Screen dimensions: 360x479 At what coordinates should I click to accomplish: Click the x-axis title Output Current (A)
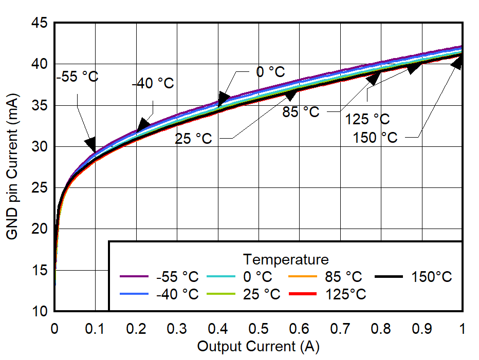(258, 346)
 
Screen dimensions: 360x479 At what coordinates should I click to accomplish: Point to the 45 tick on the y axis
(41, 23)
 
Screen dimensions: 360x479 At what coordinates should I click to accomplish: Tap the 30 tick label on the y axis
(41, 147)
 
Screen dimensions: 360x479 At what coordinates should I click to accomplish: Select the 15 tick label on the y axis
(41, 270)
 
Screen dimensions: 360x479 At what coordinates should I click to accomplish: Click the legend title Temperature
(286, 258)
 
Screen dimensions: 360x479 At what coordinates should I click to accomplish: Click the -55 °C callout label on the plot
(77, 77)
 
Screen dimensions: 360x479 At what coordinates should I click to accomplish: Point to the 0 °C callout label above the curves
(270, 72)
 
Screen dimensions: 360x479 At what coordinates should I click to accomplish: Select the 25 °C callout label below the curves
(193, 139)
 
